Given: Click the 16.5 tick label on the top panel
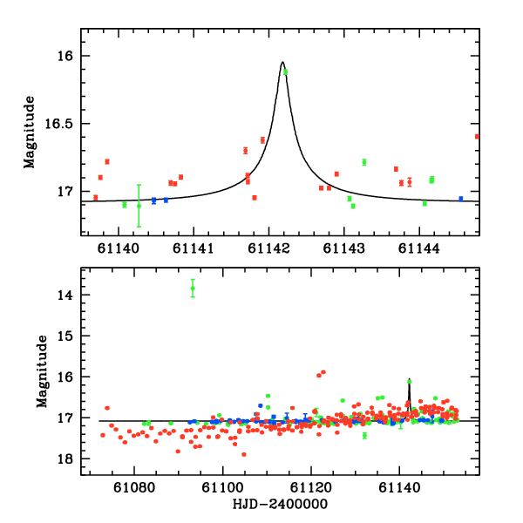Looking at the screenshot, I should tap(60, 124).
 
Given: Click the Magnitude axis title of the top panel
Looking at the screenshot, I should tap(30, 131).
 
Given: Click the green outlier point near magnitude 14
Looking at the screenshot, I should tap(193, 289).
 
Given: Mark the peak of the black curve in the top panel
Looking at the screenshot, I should tap(282, 62).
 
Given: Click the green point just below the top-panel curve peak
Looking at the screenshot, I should tap(285, 71).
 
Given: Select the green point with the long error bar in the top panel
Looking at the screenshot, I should tap(139, 206).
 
